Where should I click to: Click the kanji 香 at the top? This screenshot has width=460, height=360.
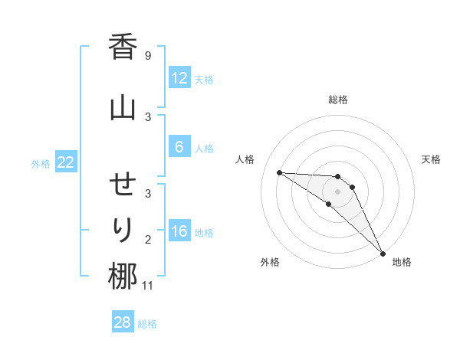coord(122,48)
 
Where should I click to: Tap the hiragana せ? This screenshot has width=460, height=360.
coord(122,186)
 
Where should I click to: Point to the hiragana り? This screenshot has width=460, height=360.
coord(122,229)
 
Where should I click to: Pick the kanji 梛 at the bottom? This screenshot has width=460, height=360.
coord(122,276)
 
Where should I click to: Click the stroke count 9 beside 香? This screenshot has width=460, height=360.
coord(147,56)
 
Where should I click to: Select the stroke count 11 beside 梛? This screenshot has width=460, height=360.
coord(149,286)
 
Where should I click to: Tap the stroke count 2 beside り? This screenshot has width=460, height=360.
coord(147,240)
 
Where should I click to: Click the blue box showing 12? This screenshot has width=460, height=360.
coord(179,78)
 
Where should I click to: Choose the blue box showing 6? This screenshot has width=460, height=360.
coord(179,148)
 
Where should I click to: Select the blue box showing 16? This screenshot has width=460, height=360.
coord(179,232)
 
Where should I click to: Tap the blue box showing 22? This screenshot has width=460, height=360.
coord(65,162)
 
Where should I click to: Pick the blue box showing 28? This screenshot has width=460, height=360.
coord(122,322)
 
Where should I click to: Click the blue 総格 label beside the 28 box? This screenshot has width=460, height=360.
coord(147,324)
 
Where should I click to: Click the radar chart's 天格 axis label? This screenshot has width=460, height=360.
coord(431,159)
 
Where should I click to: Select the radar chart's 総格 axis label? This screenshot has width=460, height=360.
coord(338,100)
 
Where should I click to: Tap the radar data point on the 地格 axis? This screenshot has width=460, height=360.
coord(383,253)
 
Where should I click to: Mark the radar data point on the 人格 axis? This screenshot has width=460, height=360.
coord(279,172)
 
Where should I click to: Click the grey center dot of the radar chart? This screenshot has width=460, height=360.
coord(338,191)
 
